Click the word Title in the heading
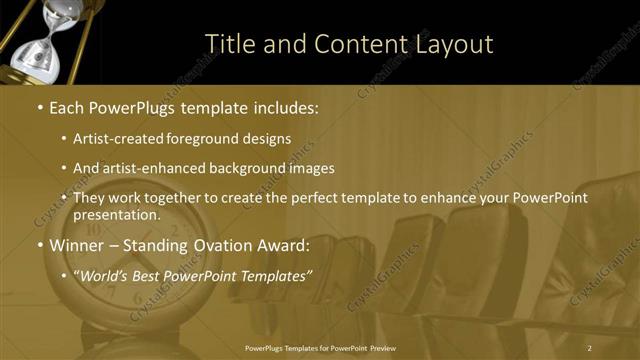pos(228,44)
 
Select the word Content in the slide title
pos(359,44)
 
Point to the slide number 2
pos(590,347)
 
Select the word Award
pos(284,244)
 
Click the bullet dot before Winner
pos(38,245)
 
